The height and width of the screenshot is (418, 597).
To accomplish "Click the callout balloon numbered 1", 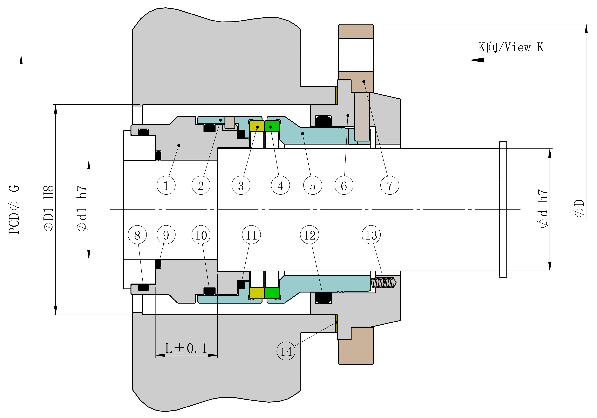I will point(166,186).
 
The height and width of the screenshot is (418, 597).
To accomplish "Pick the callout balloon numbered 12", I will point(309,235).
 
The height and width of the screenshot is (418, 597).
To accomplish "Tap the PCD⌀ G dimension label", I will point(14,210).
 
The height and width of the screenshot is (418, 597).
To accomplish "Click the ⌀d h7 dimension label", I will point(543,208).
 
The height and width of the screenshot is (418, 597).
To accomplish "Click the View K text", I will point(511,47).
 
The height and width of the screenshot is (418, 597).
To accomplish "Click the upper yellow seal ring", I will point(257,126).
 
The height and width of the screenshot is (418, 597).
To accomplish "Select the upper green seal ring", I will point(272,126).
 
